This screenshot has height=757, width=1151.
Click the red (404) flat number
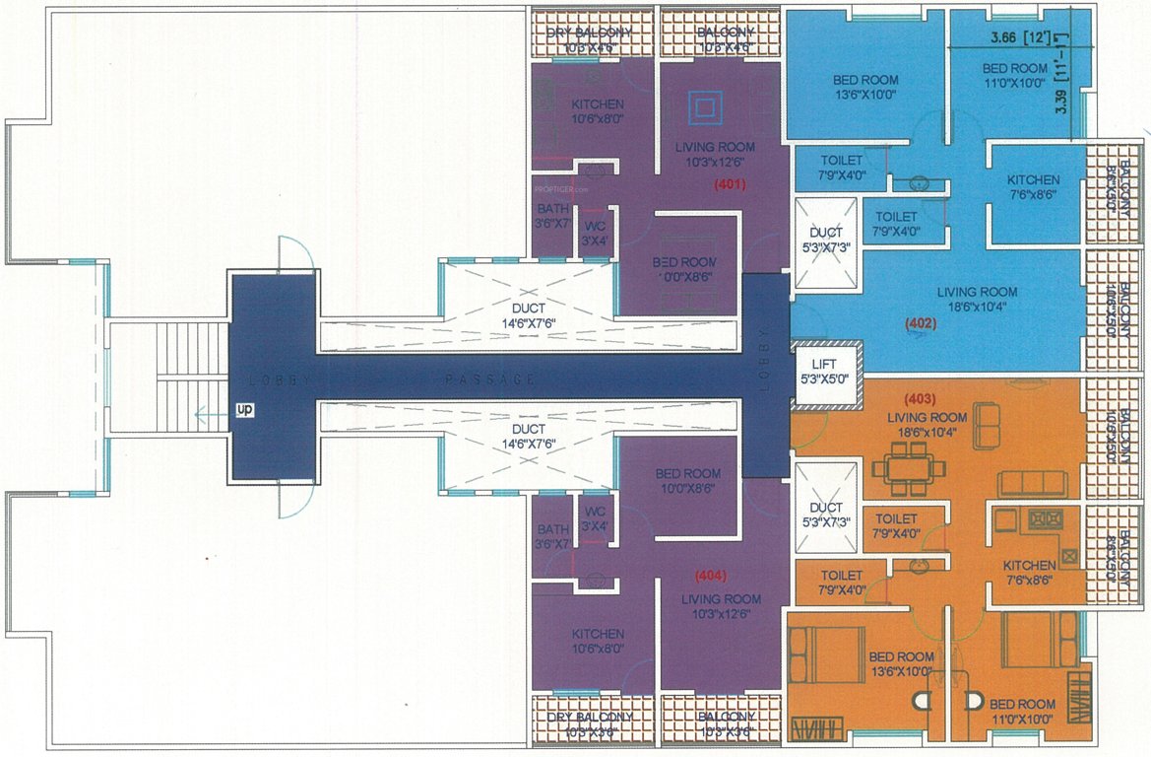pos(712,575)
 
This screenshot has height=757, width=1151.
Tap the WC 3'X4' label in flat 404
pos(594,518)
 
